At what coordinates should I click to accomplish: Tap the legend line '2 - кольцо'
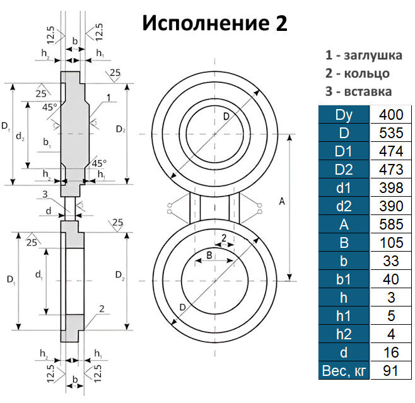click(357, 73)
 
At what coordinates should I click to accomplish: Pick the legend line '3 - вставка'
click(358, 91)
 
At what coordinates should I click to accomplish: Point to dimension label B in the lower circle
click(208, 255)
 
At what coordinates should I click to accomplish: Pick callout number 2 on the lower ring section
click(101, 308)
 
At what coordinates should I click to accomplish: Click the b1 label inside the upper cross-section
click(47, 144)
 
